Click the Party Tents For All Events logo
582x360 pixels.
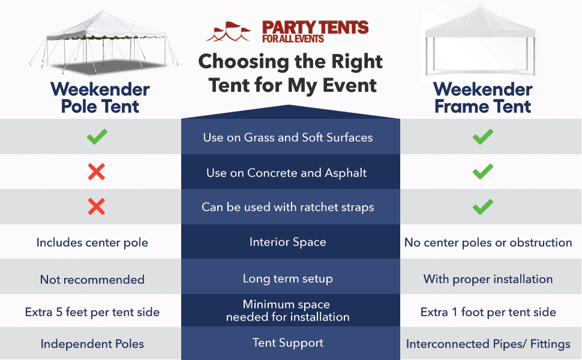pos(287,32)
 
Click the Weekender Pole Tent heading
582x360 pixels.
pos(100,98)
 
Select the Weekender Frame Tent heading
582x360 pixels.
pos(483,98)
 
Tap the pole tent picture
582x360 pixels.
pos(104,42)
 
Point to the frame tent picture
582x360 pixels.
pos(480,41)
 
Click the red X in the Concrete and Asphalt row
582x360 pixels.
pos(97,172)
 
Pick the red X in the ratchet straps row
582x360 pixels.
pos(97,206)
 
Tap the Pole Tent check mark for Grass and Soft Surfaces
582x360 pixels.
pos(97,137)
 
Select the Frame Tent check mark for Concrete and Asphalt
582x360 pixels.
pos(483,172)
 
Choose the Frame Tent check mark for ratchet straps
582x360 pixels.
pos(483,207)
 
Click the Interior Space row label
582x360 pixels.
pos(287,242)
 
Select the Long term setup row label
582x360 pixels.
pos(287,279)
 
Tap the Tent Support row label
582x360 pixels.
pos(287,343)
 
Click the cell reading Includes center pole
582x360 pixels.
pos(92,242)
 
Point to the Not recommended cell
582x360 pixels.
pos(92,280)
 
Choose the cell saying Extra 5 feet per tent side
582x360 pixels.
pos(92,312)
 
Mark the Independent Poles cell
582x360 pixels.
pos(92,344)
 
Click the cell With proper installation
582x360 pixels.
pos(488,279)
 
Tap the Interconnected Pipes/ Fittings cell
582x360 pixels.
pos(488,344)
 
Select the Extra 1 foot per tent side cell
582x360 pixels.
pos(488,312)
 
